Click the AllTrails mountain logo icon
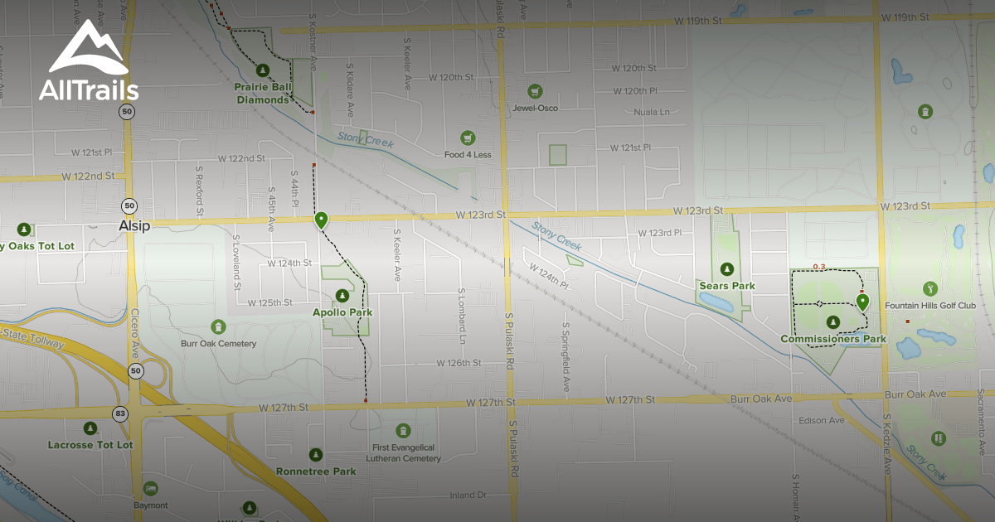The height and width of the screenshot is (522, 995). [x=88, y=49]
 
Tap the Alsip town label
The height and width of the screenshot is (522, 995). [x=133, y=225]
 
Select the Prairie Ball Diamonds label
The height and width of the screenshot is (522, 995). [x=263, y=93]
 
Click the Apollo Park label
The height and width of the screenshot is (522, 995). [x=342, y=312]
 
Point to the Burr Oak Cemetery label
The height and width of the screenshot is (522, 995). [x=218, y=343]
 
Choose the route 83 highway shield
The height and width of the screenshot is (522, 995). [x=122, y=413]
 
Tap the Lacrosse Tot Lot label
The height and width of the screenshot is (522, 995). [x=90, y=445]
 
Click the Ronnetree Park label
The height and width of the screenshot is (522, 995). [x=316, y=471]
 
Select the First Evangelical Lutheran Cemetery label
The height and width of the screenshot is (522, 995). [x=402, y=452]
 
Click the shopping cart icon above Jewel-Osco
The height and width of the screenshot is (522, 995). [x=535, y=90]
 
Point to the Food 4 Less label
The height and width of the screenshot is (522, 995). [x=468, y=154]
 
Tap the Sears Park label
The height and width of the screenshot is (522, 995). [x=726, y=286]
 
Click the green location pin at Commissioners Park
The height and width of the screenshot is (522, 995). [x=862, y=302]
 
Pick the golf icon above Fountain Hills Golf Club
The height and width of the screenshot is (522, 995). [x=930, y=288]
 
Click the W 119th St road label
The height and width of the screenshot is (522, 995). [x=906, y=17]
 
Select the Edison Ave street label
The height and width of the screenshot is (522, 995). [x=821, y=420]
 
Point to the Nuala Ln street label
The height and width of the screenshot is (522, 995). [x=651, y=112]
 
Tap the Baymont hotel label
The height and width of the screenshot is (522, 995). [x=150, y=505]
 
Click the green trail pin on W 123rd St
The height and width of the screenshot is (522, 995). [x=321, y=220]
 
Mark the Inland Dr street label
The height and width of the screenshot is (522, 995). [x=467, y=495]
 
